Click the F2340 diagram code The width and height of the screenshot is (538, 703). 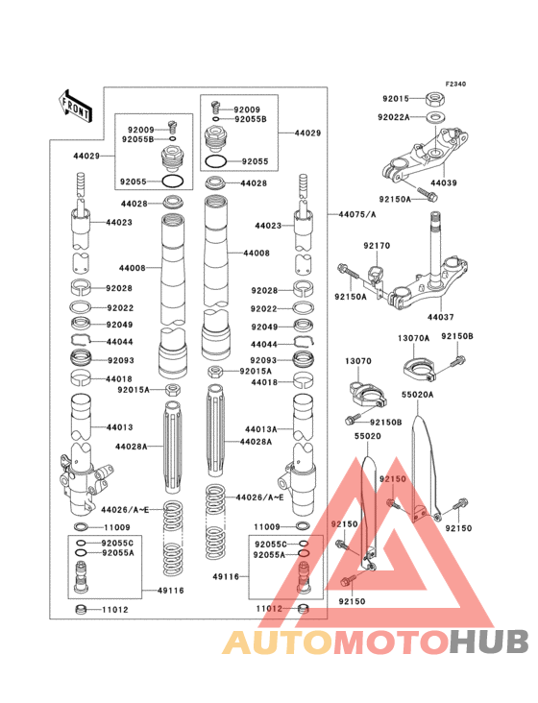454,85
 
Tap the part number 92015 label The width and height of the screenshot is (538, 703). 396,98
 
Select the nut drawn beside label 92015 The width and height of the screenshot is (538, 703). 434,98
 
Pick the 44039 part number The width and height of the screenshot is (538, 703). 444,182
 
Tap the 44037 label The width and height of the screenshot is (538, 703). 441,316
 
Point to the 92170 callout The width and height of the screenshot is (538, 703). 377,246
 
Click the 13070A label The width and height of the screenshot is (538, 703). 414,337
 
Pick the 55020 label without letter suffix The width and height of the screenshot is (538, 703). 368,435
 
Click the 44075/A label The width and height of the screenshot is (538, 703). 357,214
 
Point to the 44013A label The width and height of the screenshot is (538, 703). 260,429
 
